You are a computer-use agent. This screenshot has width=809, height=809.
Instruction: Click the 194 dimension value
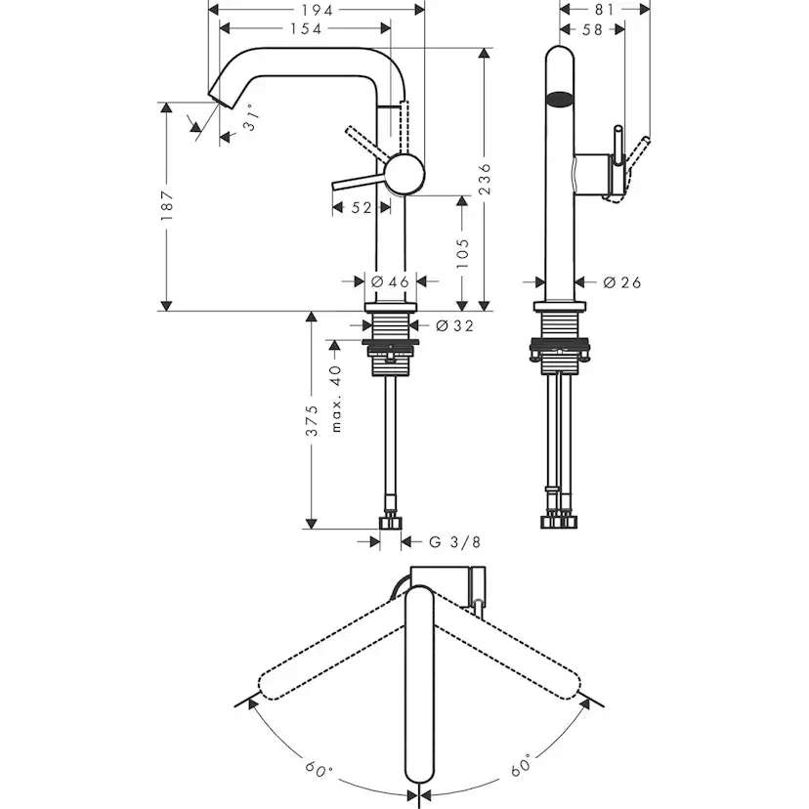click(317, 9)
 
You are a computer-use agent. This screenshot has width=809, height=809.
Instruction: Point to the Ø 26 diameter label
click(621, 282)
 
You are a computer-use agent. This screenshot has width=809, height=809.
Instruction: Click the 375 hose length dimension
click(312, 420)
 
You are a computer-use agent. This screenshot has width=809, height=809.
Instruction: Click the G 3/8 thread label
click(455, 541)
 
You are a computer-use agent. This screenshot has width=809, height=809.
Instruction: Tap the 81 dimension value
click(604, 9)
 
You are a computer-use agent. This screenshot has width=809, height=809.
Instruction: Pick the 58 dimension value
click(592, 30)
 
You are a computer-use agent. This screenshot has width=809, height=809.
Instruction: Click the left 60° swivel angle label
click(319, 768)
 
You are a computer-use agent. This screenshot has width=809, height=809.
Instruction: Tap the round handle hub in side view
click(404, 176)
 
